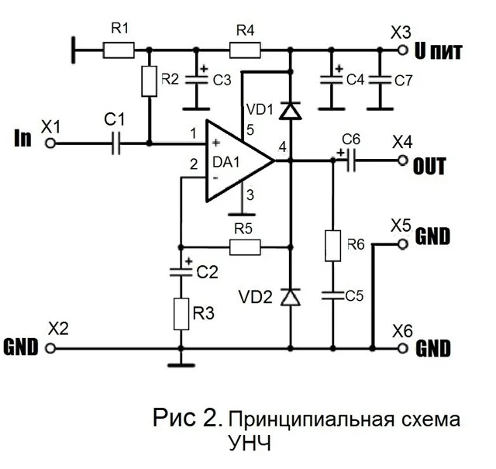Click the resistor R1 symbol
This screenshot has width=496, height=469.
(x=118, y=50)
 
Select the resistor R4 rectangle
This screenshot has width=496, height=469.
(x=245, y=50)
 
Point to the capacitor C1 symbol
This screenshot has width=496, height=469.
(x=117, y=143)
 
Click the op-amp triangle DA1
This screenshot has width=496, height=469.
(x=236, y=161)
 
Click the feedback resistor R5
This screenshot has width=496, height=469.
(x=244, y=247)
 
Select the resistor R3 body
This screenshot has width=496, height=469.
(x=181, y=313)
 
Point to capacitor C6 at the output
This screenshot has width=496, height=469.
(x=350, y=160)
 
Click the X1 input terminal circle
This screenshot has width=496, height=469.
(x=51, y=143)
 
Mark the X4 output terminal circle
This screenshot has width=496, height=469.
(x=402, y=160)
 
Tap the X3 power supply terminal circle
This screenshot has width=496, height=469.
(x=402, y=50)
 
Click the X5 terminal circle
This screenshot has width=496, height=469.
(x=402, y=243)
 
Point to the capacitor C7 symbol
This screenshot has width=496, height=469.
(x=380, y=79)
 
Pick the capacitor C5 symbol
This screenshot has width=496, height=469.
(x=333, y=295)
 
